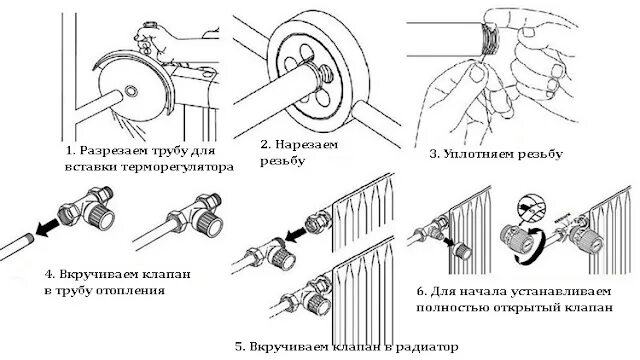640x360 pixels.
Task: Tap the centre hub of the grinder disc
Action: [x=131, y=91]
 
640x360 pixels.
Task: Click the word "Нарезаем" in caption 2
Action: [x=307, y=144]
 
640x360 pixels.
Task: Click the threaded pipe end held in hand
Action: [x=489, y=40]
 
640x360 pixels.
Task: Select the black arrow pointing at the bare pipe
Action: [x=46, y=228]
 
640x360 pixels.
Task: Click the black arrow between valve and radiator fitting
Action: [x=296, y=234]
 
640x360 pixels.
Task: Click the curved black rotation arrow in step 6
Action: [x=531, y=247]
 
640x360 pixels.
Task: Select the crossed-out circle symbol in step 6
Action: [x=529, y=207]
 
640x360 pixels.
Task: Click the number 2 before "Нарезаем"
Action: [x=265, y=144]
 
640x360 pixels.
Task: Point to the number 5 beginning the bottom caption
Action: [x=240, y=347]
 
